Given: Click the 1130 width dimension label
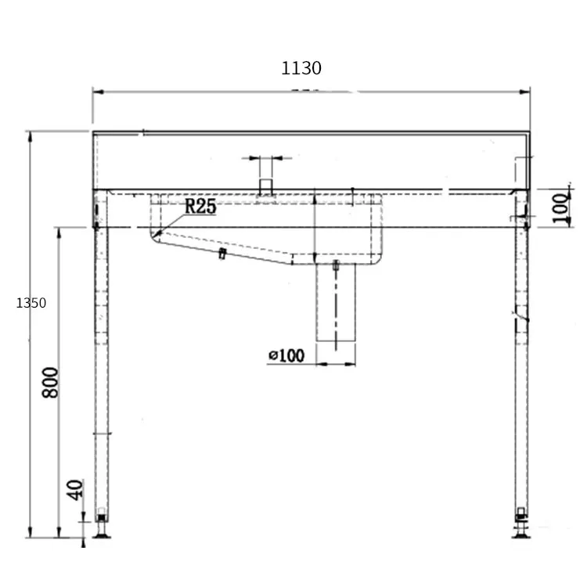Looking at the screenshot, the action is (301, 68).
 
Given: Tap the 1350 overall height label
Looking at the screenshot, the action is (31, 303).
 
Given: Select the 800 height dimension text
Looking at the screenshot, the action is (50, 383).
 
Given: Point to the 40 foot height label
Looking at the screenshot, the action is (74, 490).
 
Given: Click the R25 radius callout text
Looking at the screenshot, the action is (200, 207).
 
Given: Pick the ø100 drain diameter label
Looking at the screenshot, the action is (286, 355).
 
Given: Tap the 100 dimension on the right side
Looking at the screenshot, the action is (560, 208).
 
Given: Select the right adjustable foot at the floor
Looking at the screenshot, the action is (520, 527).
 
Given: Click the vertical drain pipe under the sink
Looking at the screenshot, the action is (336, 302).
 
